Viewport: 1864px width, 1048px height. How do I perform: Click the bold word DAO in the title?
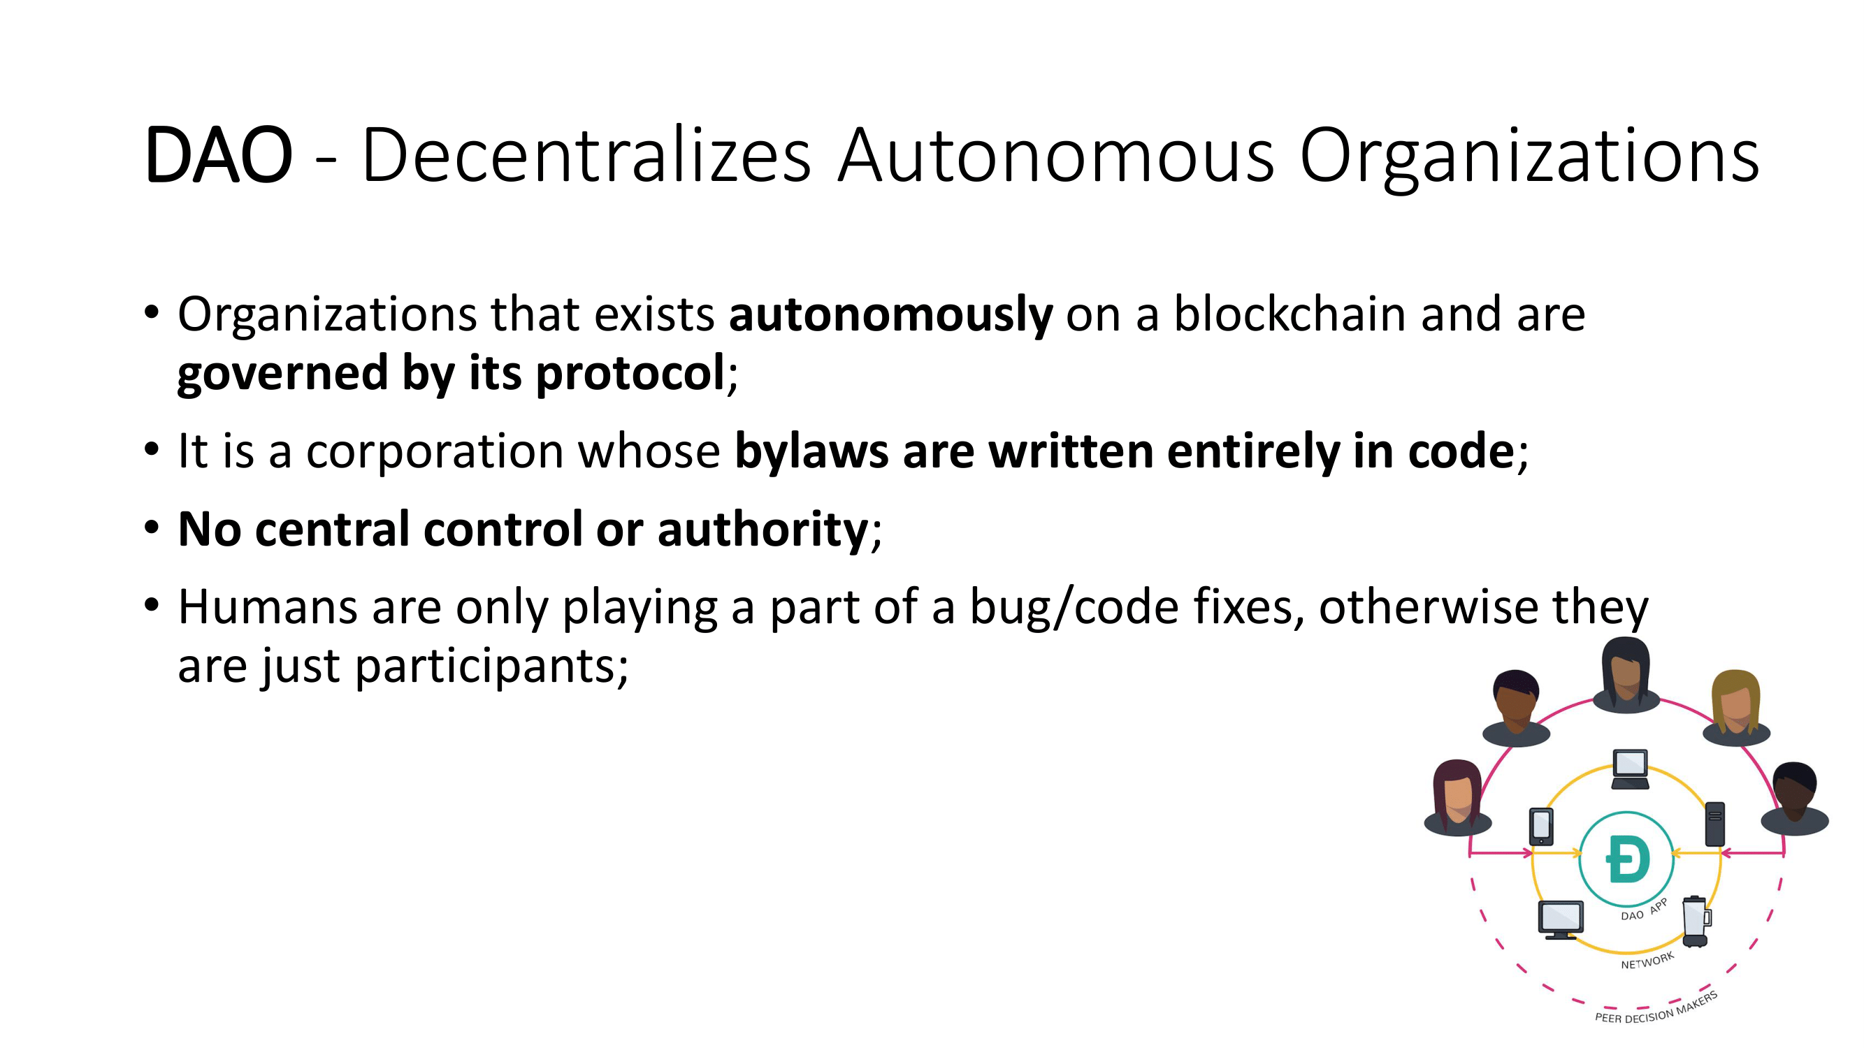tap(219, 156)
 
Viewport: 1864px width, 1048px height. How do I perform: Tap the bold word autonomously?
tap(890, 315)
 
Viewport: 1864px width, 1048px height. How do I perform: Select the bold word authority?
tap(763, 530)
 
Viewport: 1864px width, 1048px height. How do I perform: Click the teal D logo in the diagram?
tap(1627, 859)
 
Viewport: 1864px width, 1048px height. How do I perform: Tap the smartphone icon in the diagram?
tap(1541, 826)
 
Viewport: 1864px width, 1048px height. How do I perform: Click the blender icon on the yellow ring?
tap(1696, 922)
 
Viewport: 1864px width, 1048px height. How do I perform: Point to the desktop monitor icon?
tap(1561, 920)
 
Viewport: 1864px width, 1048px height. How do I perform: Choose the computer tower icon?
tap(1715, 824)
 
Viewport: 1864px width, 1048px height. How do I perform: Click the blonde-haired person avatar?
tap(1736, 708)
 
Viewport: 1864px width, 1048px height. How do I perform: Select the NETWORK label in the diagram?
tap(1647, 961)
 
